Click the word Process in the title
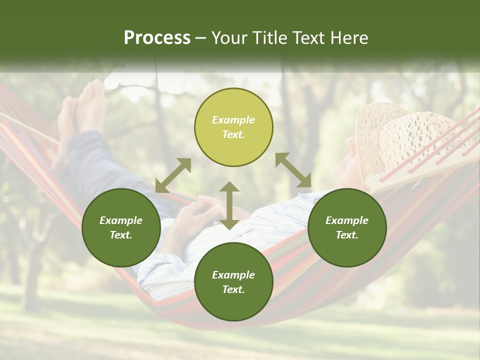(157, 38)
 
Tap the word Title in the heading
(271, 38)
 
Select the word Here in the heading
(348, 38)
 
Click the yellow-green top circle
(233, 127)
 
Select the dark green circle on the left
(121, 227)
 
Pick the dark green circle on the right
(347, 227)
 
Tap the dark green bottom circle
(233, 282)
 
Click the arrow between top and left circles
(173, 175)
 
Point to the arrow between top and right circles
(293, 170)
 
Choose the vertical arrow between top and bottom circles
(229, 205)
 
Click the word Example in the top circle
(233, 120)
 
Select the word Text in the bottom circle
(233, 289)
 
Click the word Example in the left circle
(121, 220)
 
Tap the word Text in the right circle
(346, 235)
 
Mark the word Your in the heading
(229, 38)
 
